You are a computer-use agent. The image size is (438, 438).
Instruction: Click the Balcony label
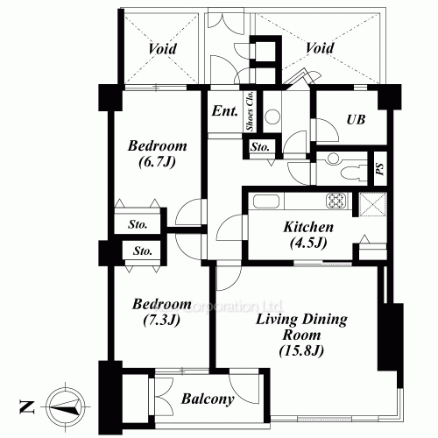tap(208, 400)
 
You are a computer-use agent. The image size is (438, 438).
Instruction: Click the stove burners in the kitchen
tap(337, 201)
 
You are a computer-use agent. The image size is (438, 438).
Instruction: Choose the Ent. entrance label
tap(223, 112)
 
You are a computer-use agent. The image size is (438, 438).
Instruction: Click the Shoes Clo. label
tap(251, 112)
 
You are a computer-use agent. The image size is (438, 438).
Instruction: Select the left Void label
tap(162, 49)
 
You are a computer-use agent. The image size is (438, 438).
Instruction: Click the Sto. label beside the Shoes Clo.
tap(259, 147)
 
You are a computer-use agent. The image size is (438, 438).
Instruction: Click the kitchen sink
tap(265, 202)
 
